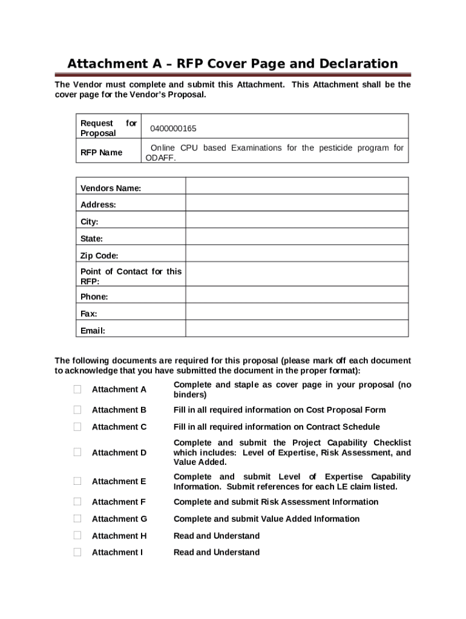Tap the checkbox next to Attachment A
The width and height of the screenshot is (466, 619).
click(77, 389)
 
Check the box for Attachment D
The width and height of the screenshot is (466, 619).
click(77, 452)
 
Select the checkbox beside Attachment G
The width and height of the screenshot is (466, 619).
click(77, 519)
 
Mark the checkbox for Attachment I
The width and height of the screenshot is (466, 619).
click(77, 552)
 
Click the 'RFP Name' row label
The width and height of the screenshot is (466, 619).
click(101, 152)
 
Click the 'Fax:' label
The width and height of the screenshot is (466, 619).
click(89, 314)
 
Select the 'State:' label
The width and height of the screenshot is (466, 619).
click(91, 239)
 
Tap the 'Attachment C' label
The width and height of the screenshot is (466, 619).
click(119, 427)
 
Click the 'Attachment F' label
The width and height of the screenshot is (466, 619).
click(119, 502)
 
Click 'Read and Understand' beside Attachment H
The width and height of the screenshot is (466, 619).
click(217, 536)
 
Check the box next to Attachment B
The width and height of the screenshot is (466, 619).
click(77, 410)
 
